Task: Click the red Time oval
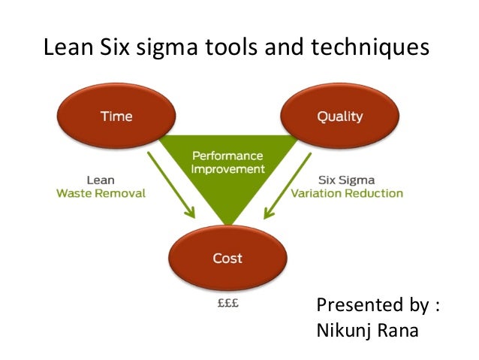click(116, 116)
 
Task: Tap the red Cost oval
click(227, 258)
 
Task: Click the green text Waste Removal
click(101, 193)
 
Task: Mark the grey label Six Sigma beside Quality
click(346, 180)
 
